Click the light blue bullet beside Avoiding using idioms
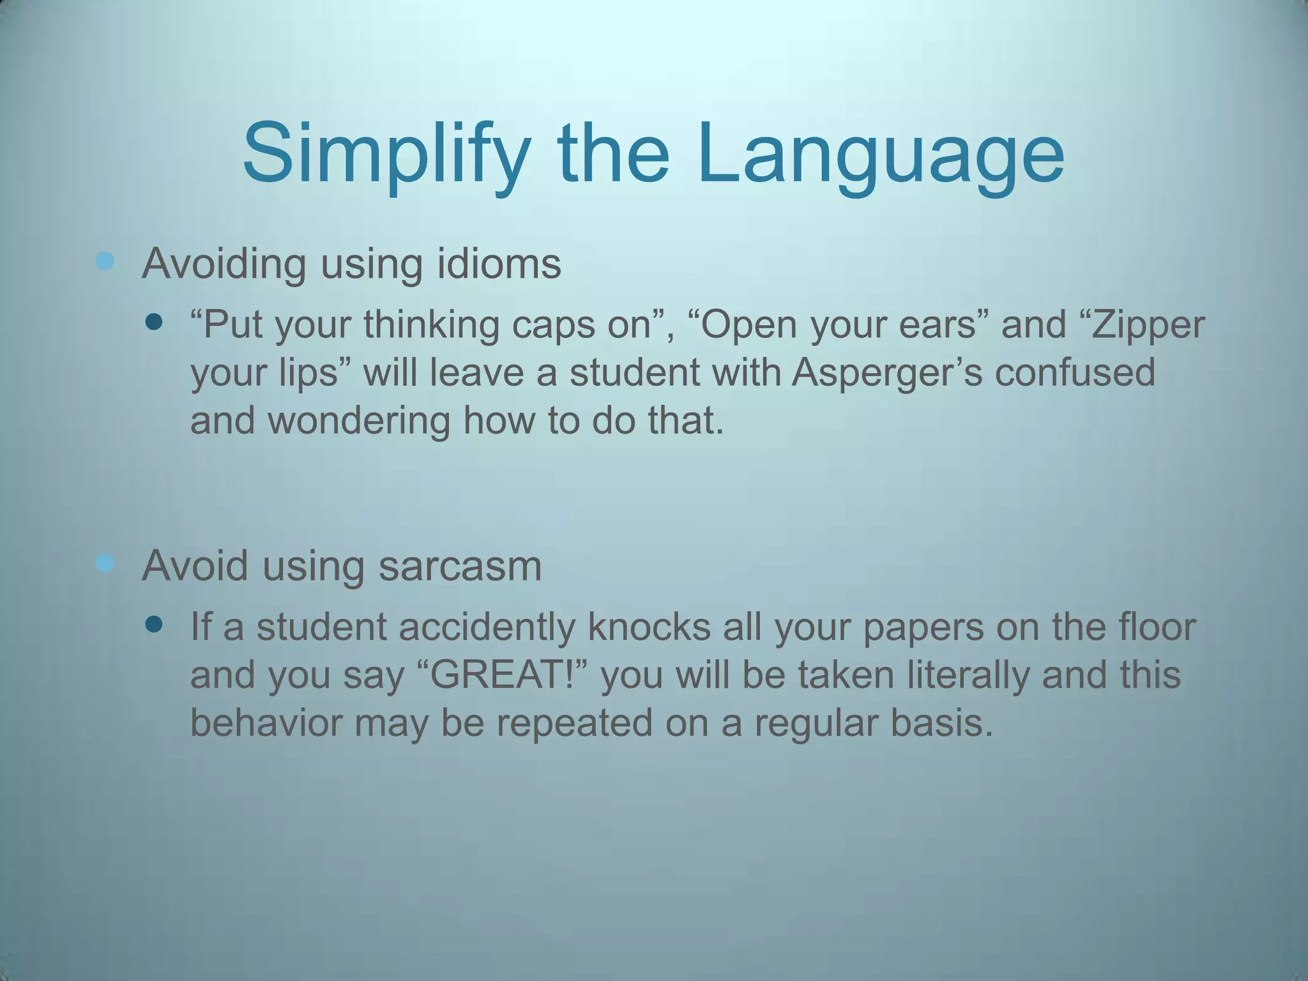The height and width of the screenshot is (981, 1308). click(x=105, y=261)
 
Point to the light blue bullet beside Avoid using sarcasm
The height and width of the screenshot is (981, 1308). click(x=105, y=563)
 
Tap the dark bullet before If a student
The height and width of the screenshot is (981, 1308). click(x=154, y=624)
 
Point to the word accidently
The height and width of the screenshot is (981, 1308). click(x=487, y=627)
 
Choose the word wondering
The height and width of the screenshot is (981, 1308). click(x=358, y=421)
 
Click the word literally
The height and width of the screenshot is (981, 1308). click(x=968, y=675)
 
